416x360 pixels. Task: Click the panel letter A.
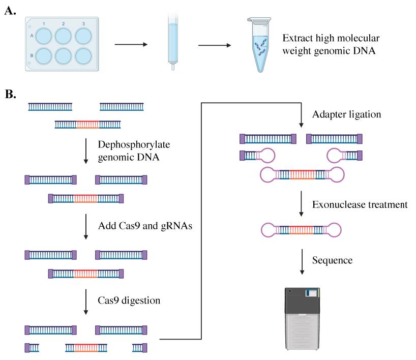click(10, 11)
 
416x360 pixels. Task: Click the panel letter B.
click(10, 94)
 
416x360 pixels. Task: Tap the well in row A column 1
click(44, 36)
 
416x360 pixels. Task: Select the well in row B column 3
click(83, 56)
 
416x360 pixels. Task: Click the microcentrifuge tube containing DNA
click(259, 45)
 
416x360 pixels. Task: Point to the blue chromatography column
click(173, 42)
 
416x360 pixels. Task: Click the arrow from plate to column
click(131, 44)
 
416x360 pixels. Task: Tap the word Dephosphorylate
click(134, 145)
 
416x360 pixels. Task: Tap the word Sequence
click(332, 260)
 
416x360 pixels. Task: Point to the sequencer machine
click(302, 319)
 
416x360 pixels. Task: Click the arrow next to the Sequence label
click(302, 261)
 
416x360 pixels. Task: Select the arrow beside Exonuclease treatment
click(301, 204)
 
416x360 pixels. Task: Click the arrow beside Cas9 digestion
click(86, 302)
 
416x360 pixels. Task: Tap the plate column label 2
click(64, 24)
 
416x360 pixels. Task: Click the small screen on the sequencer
click(312, 293)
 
